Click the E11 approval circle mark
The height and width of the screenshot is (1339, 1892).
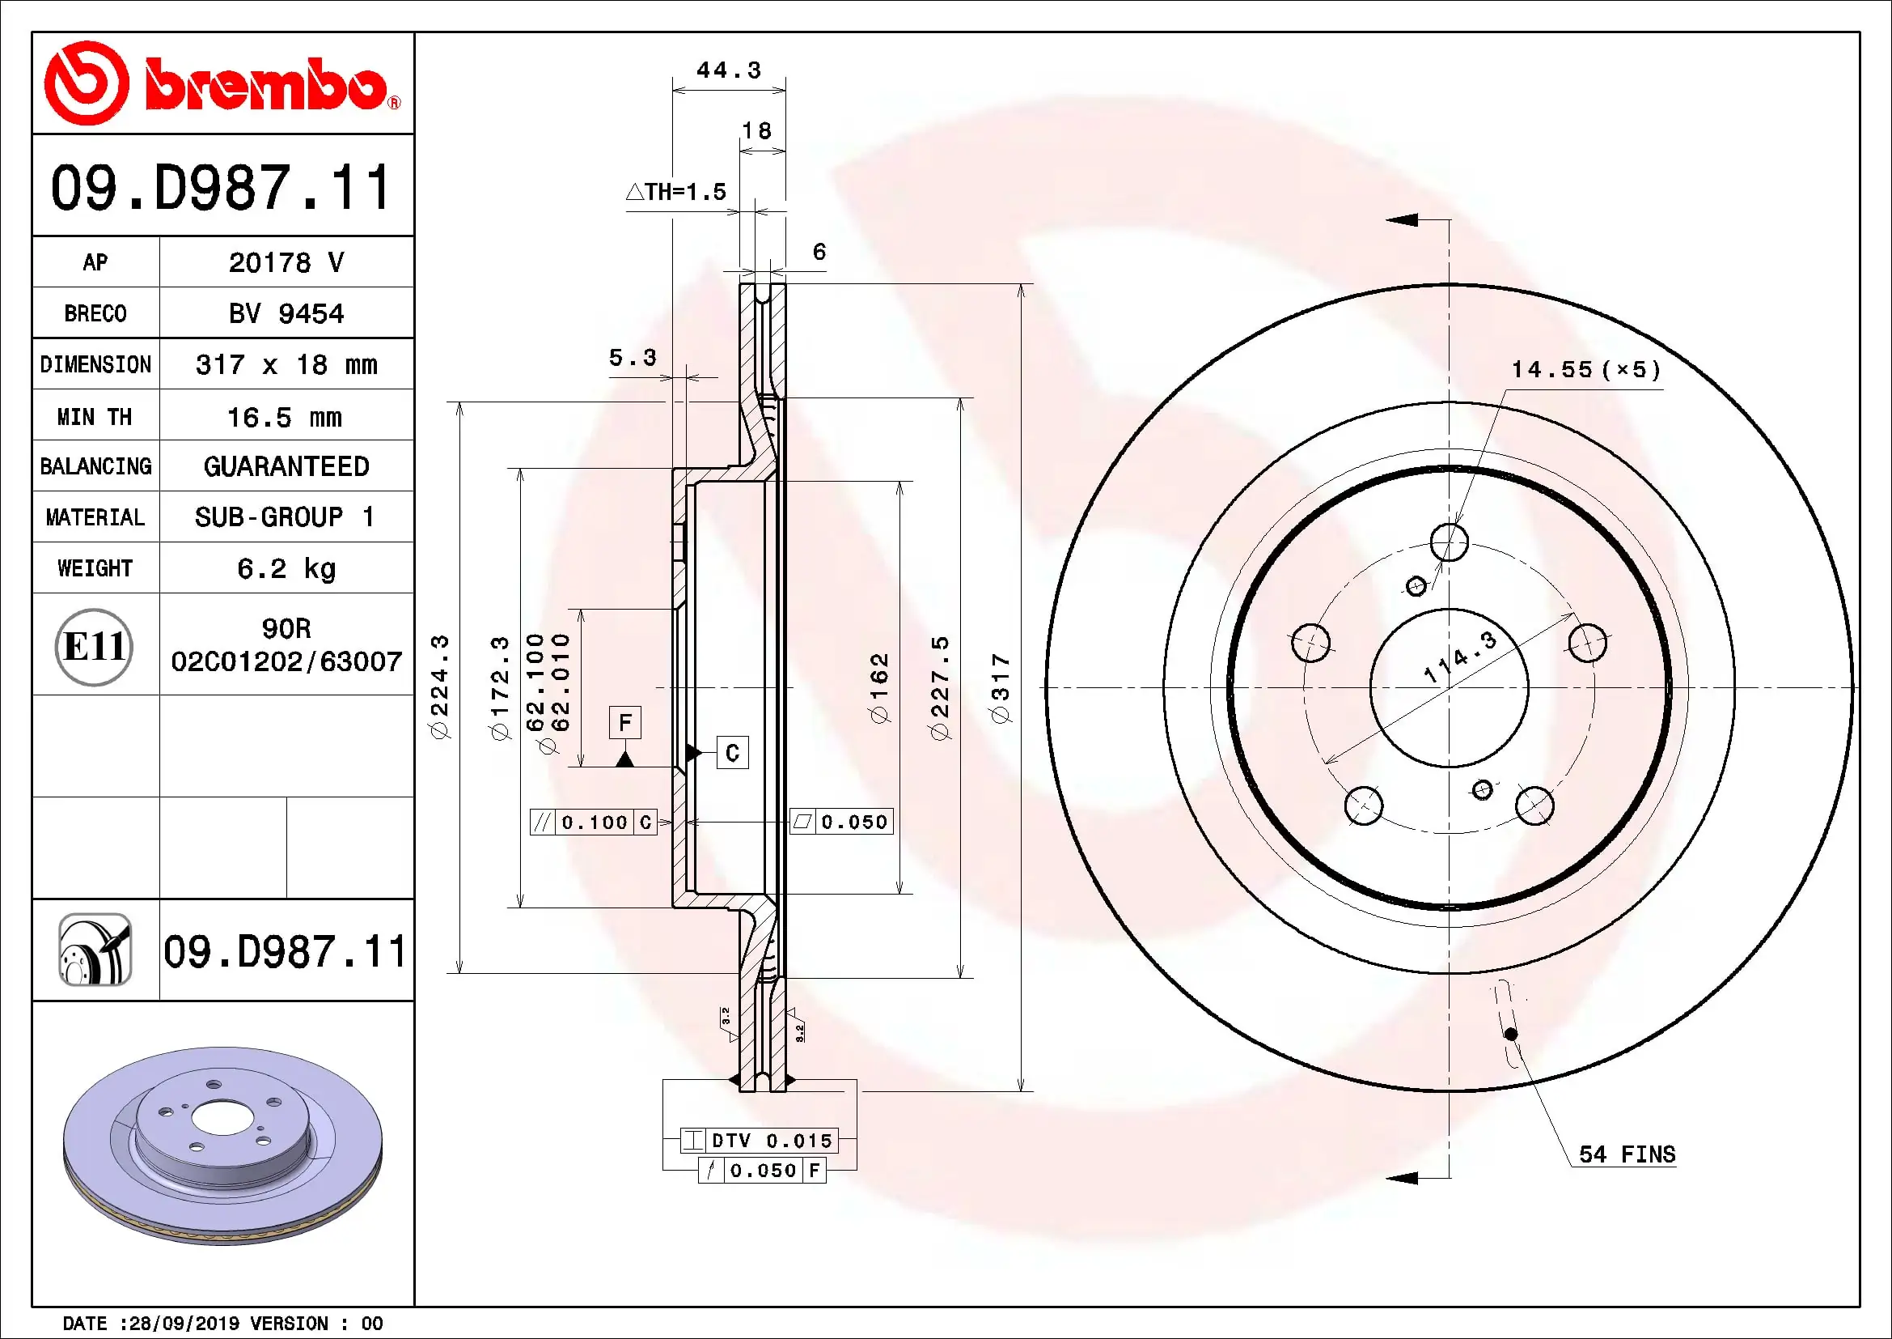(x=94, y=646)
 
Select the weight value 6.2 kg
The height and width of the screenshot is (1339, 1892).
(x=286, y=568)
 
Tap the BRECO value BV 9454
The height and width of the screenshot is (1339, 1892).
(x=286, y=313)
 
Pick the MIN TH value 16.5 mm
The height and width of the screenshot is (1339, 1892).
(x=284, y=417)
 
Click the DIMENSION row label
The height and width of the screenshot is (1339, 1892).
(x=95, y=364)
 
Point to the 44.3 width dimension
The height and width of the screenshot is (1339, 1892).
(x=729, y=70)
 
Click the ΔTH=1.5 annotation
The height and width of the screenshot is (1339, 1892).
(x=676, y=192)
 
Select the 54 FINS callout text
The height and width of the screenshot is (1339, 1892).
(x=1627, y=1154)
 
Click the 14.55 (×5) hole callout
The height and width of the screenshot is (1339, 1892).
(x=1585, y=369)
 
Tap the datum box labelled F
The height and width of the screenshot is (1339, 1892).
(x=625, y=722)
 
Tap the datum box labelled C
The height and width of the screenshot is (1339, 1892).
(x=732, y=752)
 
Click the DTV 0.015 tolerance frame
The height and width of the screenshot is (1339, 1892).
(x=759, y=1141)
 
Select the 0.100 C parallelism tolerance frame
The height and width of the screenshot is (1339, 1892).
(x=593, y=822)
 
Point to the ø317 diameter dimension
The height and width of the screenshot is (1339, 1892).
(x=1000, y=688)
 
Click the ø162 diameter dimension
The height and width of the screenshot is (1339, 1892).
(x=880, y=688)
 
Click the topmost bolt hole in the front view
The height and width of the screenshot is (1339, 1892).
(x=1449, y=542)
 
